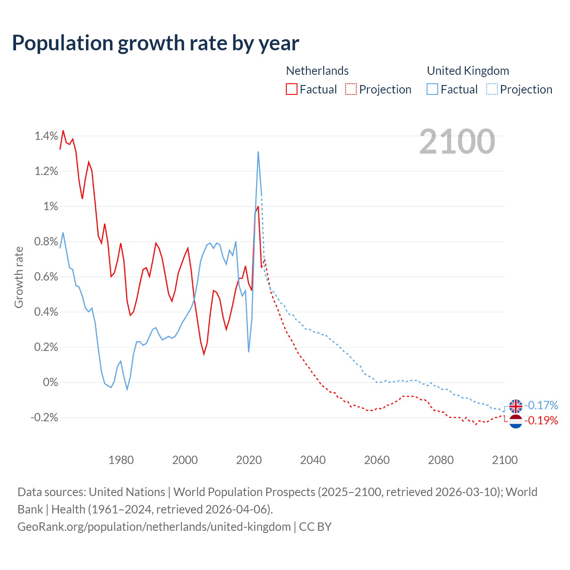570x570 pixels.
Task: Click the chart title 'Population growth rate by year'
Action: point(155,43)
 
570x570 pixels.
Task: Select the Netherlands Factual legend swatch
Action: point(292,90)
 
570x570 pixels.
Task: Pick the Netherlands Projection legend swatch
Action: point(351,90)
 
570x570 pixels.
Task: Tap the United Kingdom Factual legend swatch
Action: point(432,90)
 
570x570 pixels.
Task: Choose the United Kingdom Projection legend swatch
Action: point(492,90)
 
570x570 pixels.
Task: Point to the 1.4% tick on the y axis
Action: point(46,136)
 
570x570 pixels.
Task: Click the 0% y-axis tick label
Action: point(50,383)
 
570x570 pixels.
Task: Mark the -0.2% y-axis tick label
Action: point(44,418)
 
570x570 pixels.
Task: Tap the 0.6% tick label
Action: point(46,277)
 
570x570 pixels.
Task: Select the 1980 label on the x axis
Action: point(121,460)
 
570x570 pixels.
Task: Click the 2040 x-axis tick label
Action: point(313,460)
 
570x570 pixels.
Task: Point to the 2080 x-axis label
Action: point(441,460)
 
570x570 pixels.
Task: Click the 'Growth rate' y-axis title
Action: point(19,277)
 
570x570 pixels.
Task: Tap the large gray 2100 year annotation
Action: point(457,142)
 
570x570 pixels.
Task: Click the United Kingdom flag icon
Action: point(516,406)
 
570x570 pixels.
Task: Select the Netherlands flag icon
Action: point(516,421)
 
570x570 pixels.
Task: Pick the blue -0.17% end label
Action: point(541,405)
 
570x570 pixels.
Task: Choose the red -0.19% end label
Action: point(541,420)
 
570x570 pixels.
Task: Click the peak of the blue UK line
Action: point(258,152)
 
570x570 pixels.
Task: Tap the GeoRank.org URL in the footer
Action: point(154,527)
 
